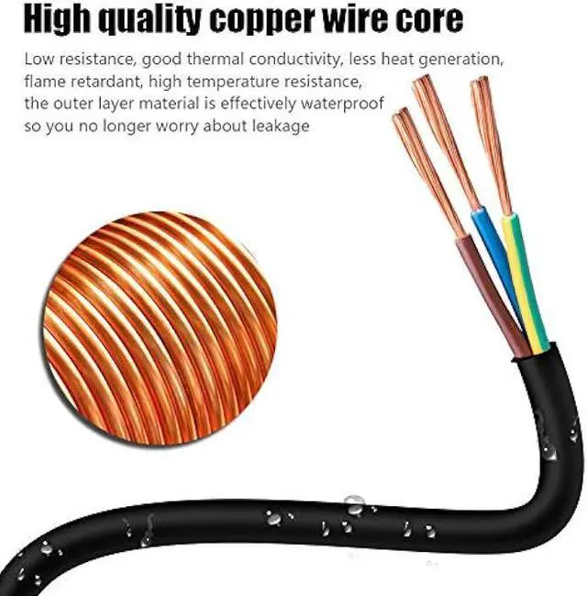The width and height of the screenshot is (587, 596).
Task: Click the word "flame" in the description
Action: [x=44, y=82]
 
